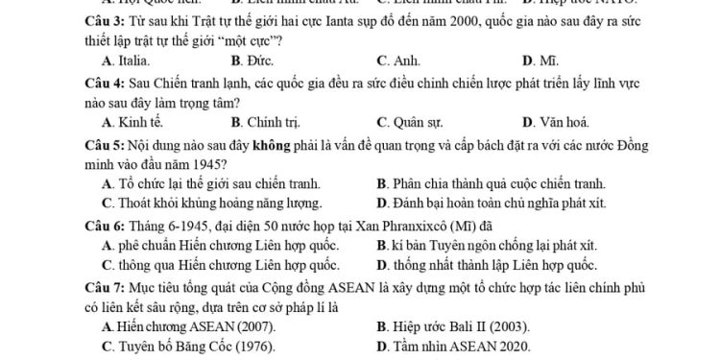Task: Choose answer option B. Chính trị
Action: click(x=261, y=122)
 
